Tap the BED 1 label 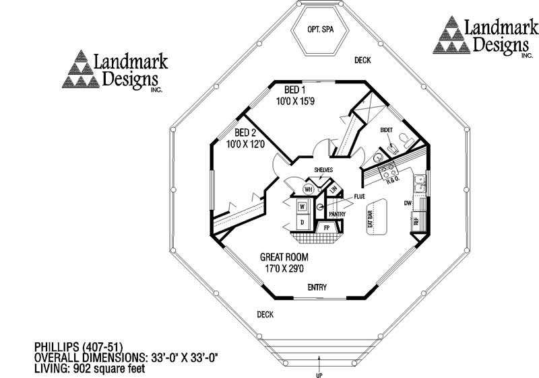pos(293,89)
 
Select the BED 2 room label pos(245,133)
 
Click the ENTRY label pos(317,287)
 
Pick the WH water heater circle pos(307,189)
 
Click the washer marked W pos(302,206)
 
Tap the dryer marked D pos(302,221)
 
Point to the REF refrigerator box pos(416,221)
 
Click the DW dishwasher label pos(407,202)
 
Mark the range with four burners pos(388,169)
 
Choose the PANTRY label pos(338,214)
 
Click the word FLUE pos(359,196)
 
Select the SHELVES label pos(323,169)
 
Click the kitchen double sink pos(419,180)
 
